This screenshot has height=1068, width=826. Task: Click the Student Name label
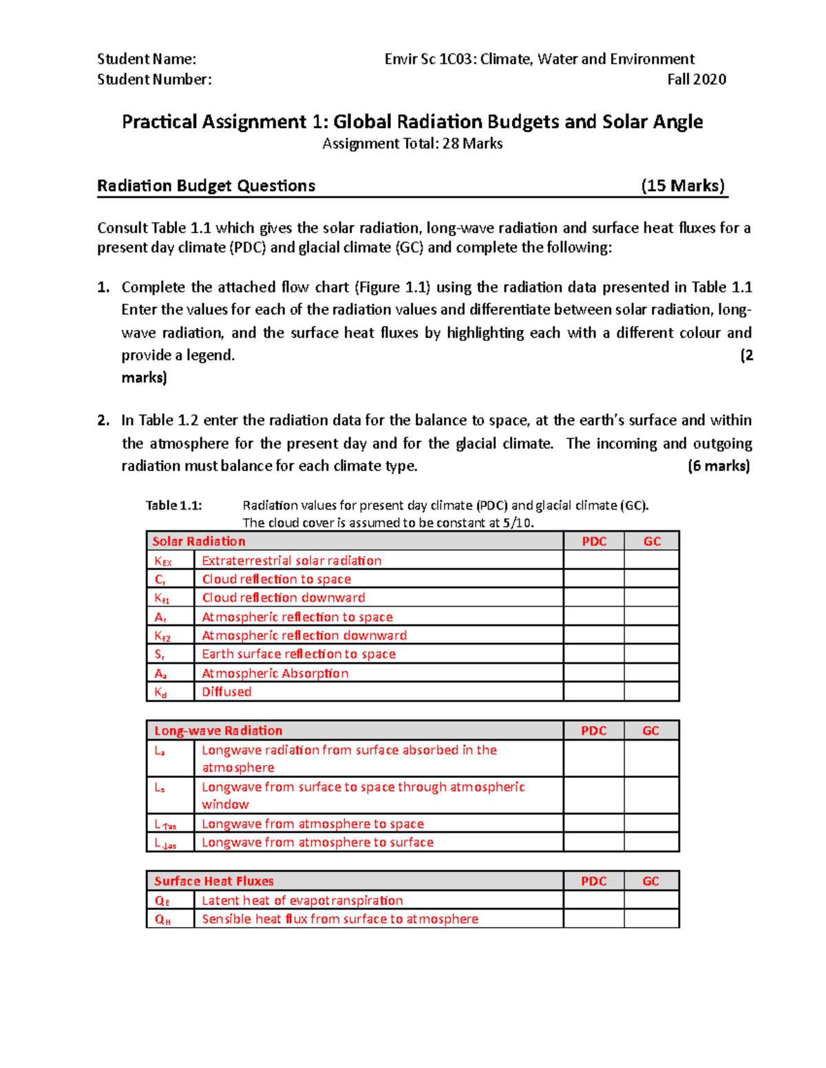(x=146, y=59)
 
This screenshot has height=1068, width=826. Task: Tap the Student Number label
(x=154, y=80)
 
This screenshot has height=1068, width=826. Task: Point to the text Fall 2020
(x=697, y=80)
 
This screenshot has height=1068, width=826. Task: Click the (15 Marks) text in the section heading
(x=683, y=186)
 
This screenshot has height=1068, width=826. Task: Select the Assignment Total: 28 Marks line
(x=412, y=144)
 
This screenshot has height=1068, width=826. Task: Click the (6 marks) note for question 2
(x=719, y=466)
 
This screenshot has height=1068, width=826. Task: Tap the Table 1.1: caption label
(x=173, y=505)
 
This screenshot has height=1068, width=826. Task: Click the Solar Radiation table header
(x=199, y=541)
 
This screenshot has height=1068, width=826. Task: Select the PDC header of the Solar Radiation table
(x=594, y=541)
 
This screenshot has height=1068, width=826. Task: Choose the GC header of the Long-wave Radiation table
(x=651, y=730)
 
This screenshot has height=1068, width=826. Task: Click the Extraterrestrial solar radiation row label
(x=292, y=560)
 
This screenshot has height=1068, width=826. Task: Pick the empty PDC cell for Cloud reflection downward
(x=594, y=598)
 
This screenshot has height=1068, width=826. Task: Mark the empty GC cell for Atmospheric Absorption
(x=652, y=673)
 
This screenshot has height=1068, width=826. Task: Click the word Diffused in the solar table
(x=226, y=692)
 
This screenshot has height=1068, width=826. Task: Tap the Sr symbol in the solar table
(x=160, y=655)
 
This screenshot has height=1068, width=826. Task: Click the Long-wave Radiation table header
(x=218, y=730)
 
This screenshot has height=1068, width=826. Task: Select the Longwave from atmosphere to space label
(x=313, y=824)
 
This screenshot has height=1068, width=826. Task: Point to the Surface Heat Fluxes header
(x=214, y=881)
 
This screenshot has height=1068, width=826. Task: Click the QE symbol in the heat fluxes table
(x=162, y=901)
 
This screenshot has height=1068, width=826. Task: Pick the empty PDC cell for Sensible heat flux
(x=594, y=919)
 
